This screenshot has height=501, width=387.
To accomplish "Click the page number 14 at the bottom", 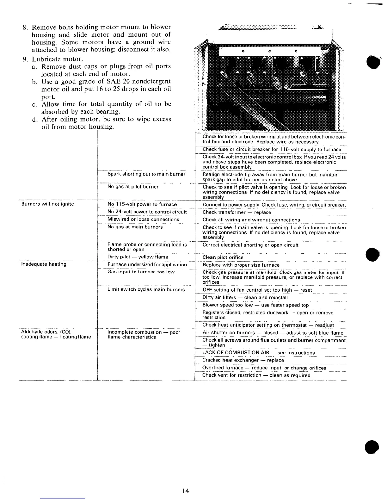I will click(186, 491).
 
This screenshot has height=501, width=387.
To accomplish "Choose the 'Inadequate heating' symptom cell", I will click(44, 264).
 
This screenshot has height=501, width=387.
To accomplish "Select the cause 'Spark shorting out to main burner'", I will click(146, 174).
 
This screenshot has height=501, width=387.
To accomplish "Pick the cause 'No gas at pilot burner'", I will click(133, 187).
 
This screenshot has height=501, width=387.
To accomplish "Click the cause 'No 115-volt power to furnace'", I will click(142, 204).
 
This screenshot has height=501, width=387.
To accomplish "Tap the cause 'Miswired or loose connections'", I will click(143, 220).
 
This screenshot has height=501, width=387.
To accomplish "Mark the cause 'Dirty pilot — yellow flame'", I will click(138, 257).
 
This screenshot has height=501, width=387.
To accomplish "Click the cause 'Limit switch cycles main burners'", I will click(146, 289).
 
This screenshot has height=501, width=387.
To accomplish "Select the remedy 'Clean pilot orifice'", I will click(223, 257).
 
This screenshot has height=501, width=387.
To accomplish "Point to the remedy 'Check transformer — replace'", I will click(236, 212).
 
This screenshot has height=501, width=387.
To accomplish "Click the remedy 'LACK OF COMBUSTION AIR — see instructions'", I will click(258, 353).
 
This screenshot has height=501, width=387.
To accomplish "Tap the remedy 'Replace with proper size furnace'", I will click(241, 265).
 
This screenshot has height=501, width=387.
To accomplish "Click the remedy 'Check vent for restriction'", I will click(256, 375).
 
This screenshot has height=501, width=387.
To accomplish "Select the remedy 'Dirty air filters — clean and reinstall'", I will click(245, 298).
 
